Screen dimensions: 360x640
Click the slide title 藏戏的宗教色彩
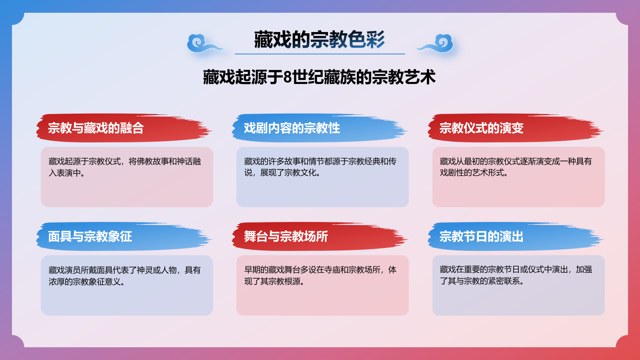(319, 40)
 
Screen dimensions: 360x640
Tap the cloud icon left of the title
(202, 44)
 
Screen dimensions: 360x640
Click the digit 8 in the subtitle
(287, 77)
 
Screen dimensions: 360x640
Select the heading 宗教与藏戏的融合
(96, 128)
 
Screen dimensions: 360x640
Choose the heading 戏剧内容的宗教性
(292, 128)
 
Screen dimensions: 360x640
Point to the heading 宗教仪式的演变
(481, 128)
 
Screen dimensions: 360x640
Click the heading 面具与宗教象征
(90, 236)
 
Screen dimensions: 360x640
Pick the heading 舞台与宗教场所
(286, 236)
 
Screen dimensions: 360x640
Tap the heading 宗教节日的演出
(481, 236)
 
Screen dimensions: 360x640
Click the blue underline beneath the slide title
(320, 54)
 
